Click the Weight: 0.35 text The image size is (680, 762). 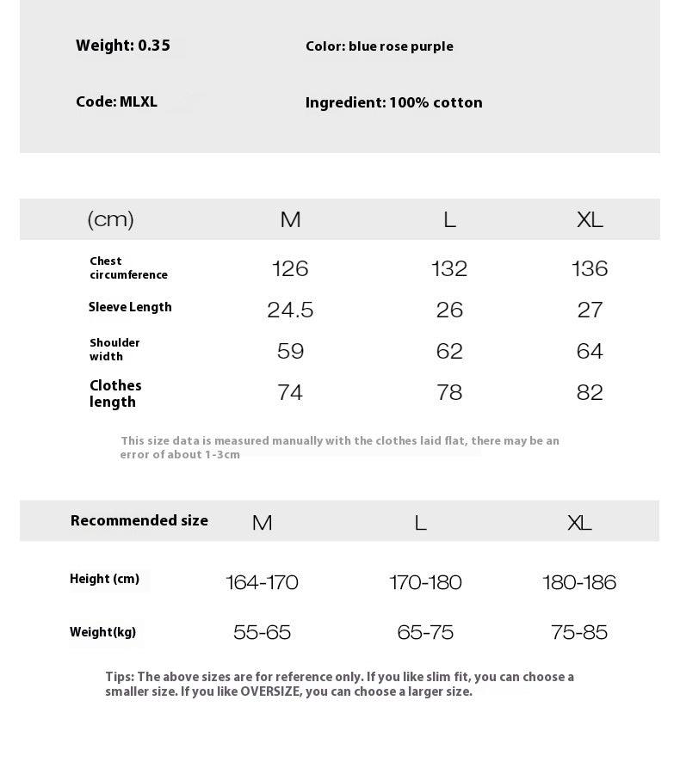tap(123, 46)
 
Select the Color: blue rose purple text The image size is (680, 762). tap(379, 46)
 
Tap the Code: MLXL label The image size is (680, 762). tap(116, 101)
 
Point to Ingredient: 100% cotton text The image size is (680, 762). tap(393, 102)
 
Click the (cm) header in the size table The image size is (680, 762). tap(111, 219)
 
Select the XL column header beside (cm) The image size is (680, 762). tap(590, 219)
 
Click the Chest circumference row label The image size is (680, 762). tap(128, 267)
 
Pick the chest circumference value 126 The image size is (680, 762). tap(290, 268)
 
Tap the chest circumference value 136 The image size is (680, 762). tap(590, 268)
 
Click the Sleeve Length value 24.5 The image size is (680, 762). tap(290, 310)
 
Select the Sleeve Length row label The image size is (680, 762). tap(130, 307)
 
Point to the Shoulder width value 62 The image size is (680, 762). tap(449, 351)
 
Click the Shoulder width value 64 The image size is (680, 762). tap(590, 351)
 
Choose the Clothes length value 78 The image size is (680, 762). tap(449, 392)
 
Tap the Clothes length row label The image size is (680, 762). tap(115, 393)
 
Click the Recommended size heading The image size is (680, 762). tap(139, 520)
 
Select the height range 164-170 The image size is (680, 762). tap(262, 582)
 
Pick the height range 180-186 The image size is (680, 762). tap(579, 582)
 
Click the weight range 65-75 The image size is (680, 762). tap(425, 632)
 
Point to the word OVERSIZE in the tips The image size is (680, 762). tap(270, 691)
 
